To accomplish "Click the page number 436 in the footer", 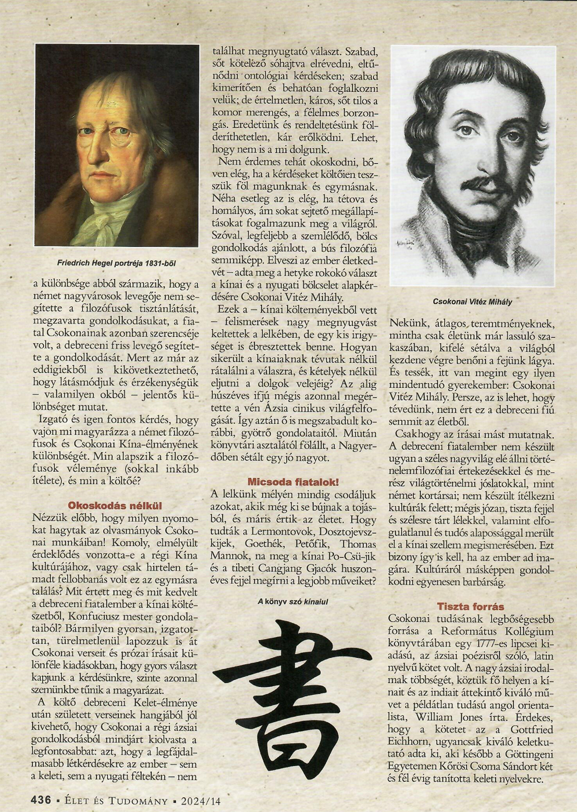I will click(41, 800).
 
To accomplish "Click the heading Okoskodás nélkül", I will click(115, 505).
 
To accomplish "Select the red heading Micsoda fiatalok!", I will click(293, 482).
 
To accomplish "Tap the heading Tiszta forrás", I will click(471, 606).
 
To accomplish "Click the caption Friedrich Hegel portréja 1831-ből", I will click(116, 264).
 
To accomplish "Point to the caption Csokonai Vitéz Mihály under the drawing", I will click(472, 301).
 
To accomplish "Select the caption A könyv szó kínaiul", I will click(293, 601).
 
